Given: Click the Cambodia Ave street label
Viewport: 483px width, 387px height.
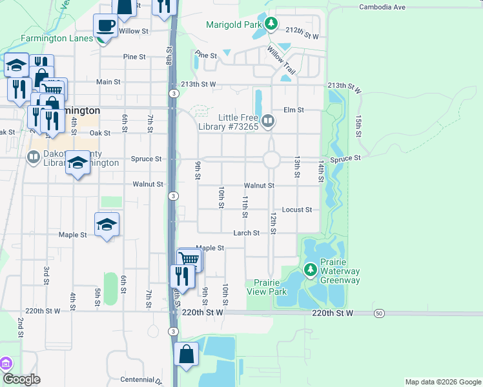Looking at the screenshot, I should pyautogui.click(x=382, y=7).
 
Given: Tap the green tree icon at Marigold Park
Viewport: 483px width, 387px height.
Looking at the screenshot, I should pyautogui.click(x=272, y=25).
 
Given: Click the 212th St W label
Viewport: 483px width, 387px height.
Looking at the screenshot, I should pyautogui.click(x=303, y=37).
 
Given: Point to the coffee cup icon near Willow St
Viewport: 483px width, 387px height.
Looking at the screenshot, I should pyautogui.click(x=105, y=26).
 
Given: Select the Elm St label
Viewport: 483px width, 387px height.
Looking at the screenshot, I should pyautogui.click(x=293, y=110).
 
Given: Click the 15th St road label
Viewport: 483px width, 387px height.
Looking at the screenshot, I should pyautogui.click(x=358, y=126).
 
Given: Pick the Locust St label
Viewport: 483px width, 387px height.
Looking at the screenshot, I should pyautogui.click(x=297, y=210).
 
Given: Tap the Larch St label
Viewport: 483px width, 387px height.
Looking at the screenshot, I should pyautogui.click(x=247, y=233).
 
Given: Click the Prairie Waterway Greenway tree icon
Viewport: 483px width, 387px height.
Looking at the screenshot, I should pyautogui.click(x=311, y=268).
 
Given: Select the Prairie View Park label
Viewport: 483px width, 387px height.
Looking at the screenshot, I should pyautogui.click(x=266, y=287).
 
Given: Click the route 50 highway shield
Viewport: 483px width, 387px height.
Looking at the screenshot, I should pyautogui.click(x=379, y=313).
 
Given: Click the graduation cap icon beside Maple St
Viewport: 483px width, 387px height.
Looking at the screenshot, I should pyautogui.click(x=107, y=224).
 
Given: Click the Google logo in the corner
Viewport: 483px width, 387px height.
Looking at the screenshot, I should pyautogui.click(x=21, y=380).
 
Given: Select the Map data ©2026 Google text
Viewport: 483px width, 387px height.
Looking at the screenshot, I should pyautogui.click(x=442, y=382).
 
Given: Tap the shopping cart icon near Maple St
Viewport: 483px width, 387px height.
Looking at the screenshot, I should pyautogui.click(x=189, y=259).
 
